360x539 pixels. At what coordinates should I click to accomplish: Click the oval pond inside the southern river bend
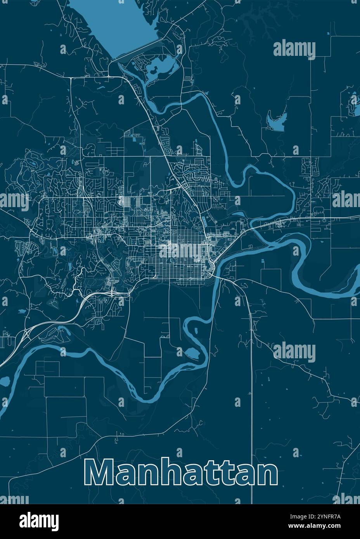coord(192,353)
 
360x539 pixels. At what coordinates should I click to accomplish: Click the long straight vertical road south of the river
coord(252,388)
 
